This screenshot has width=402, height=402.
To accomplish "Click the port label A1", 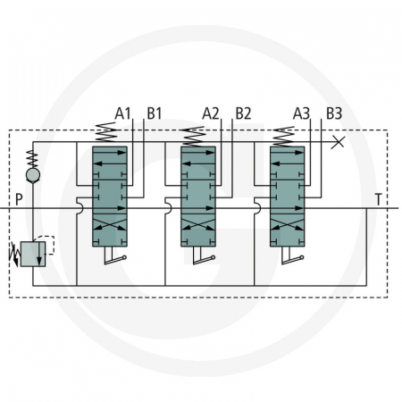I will (x=123, y=113).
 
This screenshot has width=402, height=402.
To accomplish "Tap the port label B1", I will (x=155, y=113).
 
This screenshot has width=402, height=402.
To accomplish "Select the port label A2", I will (x=211, y=113).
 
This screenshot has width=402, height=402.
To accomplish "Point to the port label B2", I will (x=243, y=113).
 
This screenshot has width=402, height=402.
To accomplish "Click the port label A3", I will (x=302, y=113).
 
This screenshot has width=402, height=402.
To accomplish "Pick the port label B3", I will (x=334, y=113).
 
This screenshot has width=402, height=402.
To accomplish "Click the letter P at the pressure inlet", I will (x=19, y=198).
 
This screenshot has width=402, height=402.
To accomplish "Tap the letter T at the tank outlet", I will (x=379, y=198).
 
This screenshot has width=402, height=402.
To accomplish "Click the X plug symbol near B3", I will (x=338, y=142).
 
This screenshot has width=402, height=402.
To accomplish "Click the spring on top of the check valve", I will (x=33, y=157).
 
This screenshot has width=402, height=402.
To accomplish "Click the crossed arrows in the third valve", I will (x=287, y=218).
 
